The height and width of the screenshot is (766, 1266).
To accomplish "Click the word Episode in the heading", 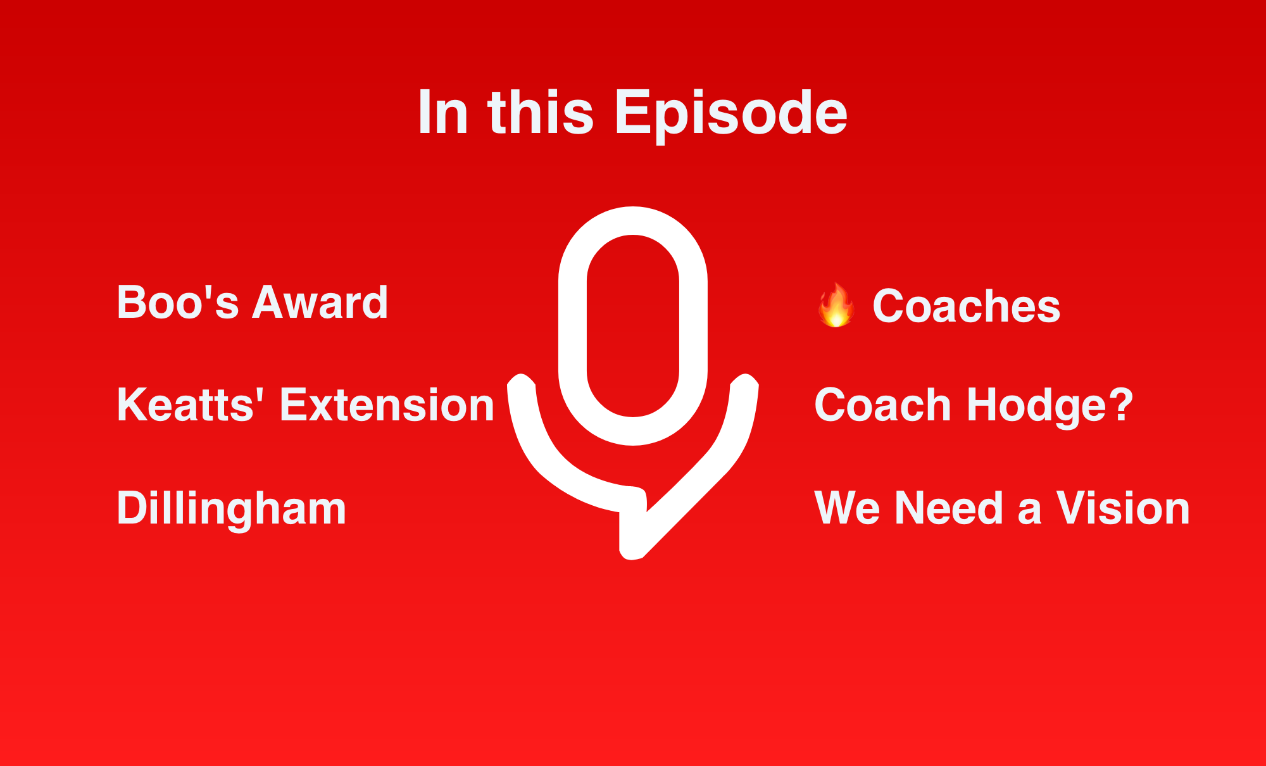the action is coord(730,113).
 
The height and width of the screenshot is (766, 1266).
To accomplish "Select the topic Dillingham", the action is coord(232,508).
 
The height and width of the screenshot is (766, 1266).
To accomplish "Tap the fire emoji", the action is coord(836,305).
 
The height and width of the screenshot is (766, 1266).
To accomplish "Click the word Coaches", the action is coord(967,306).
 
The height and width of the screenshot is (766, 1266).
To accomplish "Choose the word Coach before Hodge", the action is coord(883,405).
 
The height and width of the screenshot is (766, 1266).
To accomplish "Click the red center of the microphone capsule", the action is coord(633,325).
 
